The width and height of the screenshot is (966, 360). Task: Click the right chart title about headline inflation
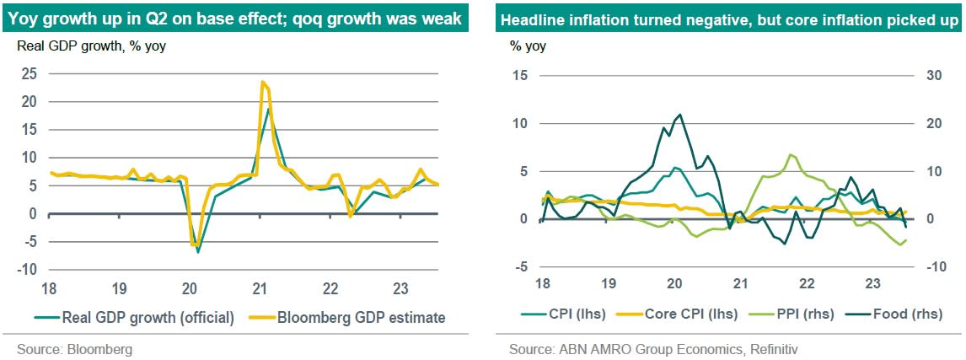(x=729, y=19)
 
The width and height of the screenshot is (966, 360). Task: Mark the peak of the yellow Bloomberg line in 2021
(x=263, y=82)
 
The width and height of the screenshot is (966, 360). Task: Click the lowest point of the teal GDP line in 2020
(x=198, y=252)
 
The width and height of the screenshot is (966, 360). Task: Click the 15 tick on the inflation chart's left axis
(x=518, y=76)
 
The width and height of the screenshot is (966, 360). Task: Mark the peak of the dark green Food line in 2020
(x=679, y=115)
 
